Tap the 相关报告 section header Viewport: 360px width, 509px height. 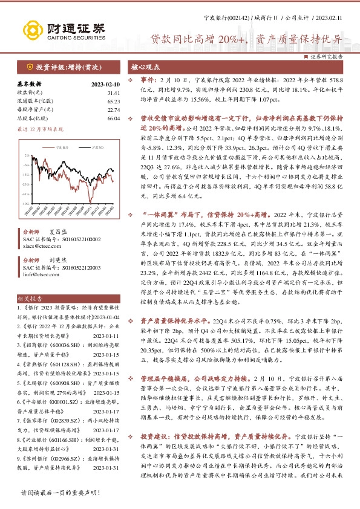pos(30,298)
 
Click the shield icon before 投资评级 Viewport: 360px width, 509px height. pos(30,66)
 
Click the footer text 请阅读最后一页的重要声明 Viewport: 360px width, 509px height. pos(60,494)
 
